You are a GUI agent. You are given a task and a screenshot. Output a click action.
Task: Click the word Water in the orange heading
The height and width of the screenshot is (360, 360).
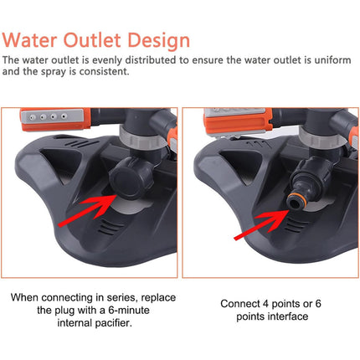[x=29, y=40]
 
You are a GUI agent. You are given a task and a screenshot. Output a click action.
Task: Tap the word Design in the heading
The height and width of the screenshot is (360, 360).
[x=159, y=41]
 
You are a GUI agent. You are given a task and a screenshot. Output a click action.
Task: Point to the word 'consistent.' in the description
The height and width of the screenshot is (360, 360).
[x=105, y=72]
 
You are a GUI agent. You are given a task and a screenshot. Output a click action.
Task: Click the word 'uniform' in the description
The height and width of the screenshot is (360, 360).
[x=332, y=60]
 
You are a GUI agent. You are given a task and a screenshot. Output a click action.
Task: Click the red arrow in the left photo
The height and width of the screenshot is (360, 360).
[x=87, y=210]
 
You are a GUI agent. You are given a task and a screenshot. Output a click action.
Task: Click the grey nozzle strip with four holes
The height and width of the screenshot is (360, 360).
[x=53, y=116]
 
